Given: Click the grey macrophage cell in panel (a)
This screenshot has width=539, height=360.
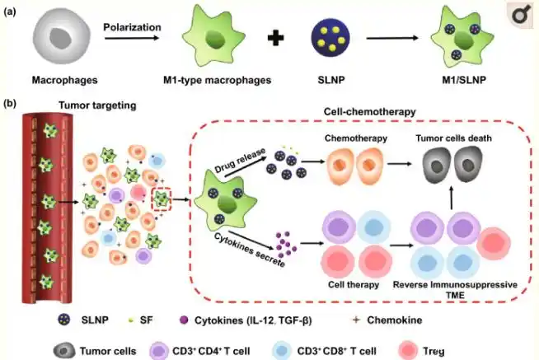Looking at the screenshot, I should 59,39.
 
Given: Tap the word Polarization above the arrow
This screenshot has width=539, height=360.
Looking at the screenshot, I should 132,26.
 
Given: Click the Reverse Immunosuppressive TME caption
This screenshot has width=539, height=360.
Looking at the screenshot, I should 457,289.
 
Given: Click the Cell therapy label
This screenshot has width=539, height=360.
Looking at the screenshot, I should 353,283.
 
